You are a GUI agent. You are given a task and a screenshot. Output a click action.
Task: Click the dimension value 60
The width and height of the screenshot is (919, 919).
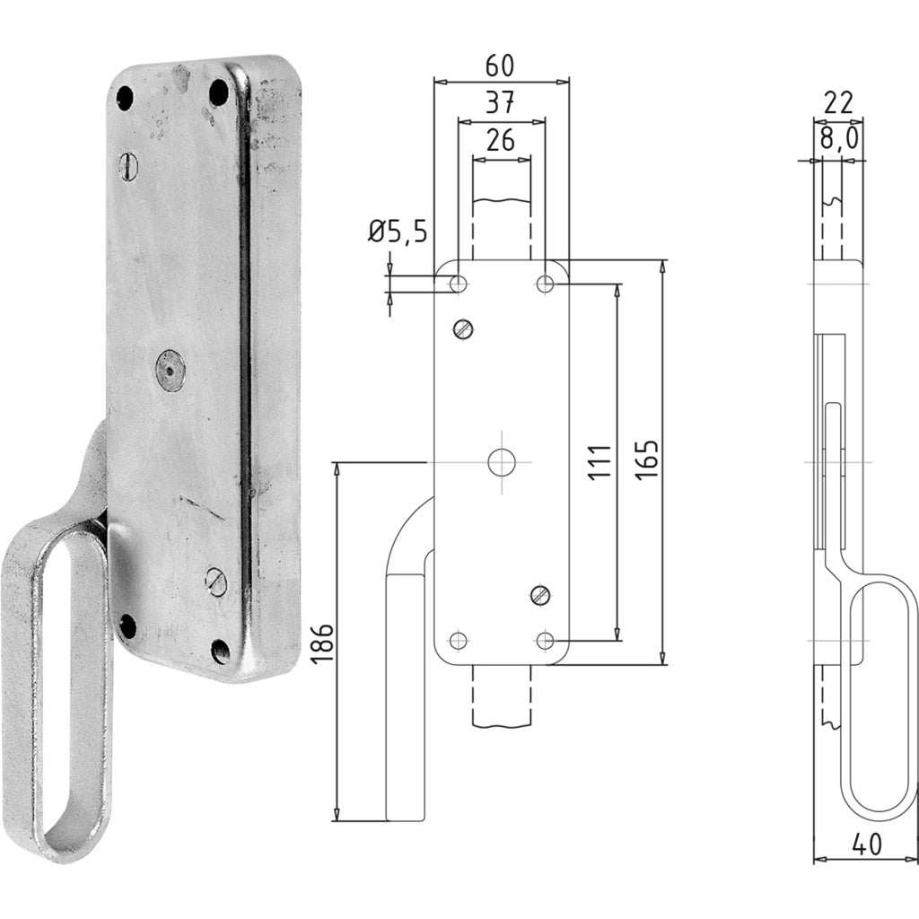(x=501, y=66)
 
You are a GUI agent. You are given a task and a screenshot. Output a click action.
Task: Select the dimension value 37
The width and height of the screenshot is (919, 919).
(x=501, y=104)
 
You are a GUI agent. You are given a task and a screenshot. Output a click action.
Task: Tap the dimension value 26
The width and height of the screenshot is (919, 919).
(x=501, y=140)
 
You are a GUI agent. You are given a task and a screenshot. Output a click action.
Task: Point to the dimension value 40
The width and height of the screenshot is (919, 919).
(x=867, y=845)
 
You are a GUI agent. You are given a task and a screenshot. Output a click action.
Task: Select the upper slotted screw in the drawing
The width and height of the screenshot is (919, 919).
(x=464, y=329)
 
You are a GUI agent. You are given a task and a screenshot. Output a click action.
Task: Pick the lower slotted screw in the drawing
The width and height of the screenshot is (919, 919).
(x=538, y=594)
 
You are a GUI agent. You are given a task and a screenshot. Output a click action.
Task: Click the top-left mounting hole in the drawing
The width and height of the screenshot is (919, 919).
(x=458, y=284)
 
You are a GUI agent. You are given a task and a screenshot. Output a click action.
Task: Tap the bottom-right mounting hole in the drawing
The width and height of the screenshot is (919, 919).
(x=545, y=640)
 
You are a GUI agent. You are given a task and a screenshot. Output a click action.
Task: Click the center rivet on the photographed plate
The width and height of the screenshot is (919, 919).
(x=169, y=369)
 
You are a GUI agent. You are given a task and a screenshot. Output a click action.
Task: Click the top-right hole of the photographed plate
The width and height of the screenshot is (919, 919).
(x=217, y=91)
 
